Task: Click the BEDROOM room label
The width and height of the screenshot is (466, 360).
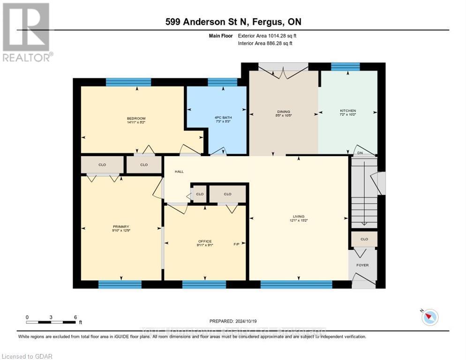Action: (x=136, y=118)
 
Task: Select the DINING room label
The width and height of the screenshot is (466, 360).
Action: (x=284, y=112)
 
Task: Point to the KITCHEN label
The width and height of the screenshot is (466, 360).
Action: (x=348, y=111)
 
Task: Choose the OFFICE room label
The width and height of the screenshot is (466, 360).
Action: (x=205, y=241)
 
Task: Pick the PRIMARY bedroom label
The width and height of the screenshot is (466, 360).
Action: (x=120, y=226)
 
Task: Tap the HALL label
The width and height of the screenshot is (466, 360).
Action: (x=179, y=172)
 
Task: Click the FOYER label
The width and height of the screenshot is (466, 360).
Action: (x=362, y=265)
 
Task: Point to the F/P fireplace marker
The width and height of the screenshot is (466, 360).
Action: (x=237, y=244)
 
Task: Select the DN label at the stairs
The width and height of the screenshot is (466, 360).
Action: (x=360, y=153)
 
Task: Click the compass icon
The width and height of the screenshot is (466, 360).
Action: (x=429, y=317)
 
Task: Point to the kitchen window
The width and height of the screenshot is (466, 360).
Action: (x=345, y=67)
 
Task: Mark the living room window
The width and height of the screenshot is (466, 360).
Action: (x=296, y=284)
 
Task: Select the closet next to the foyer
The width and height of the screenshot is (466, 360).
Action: (x=364, y=239)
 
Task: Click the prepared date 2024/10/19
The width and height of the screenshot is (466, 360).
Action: (x=233, y=321)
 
